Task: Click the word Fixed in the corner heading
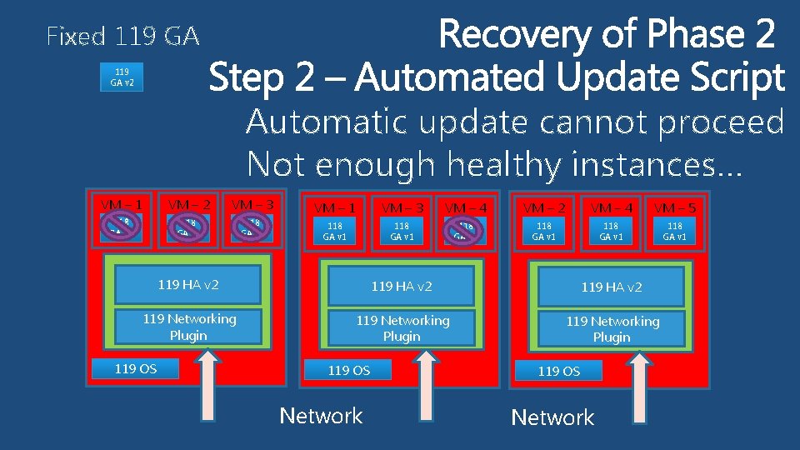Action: (76, 37)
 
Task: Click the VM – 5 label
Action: (676, 207)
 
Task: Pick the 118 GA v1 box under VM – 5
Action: (675, 231)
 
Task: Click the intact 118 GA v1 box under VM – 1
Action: (334, 231)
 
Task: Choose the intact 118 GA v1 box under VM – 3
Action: (402, 231)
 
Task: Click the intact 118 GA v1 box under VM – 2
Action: (544, 231)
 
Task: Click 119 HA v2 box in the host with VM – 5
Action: (612, 287)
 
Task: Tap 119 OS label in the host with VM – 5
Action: (559, 371)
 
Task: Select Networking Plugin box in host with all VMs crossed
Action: (188, 327)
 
